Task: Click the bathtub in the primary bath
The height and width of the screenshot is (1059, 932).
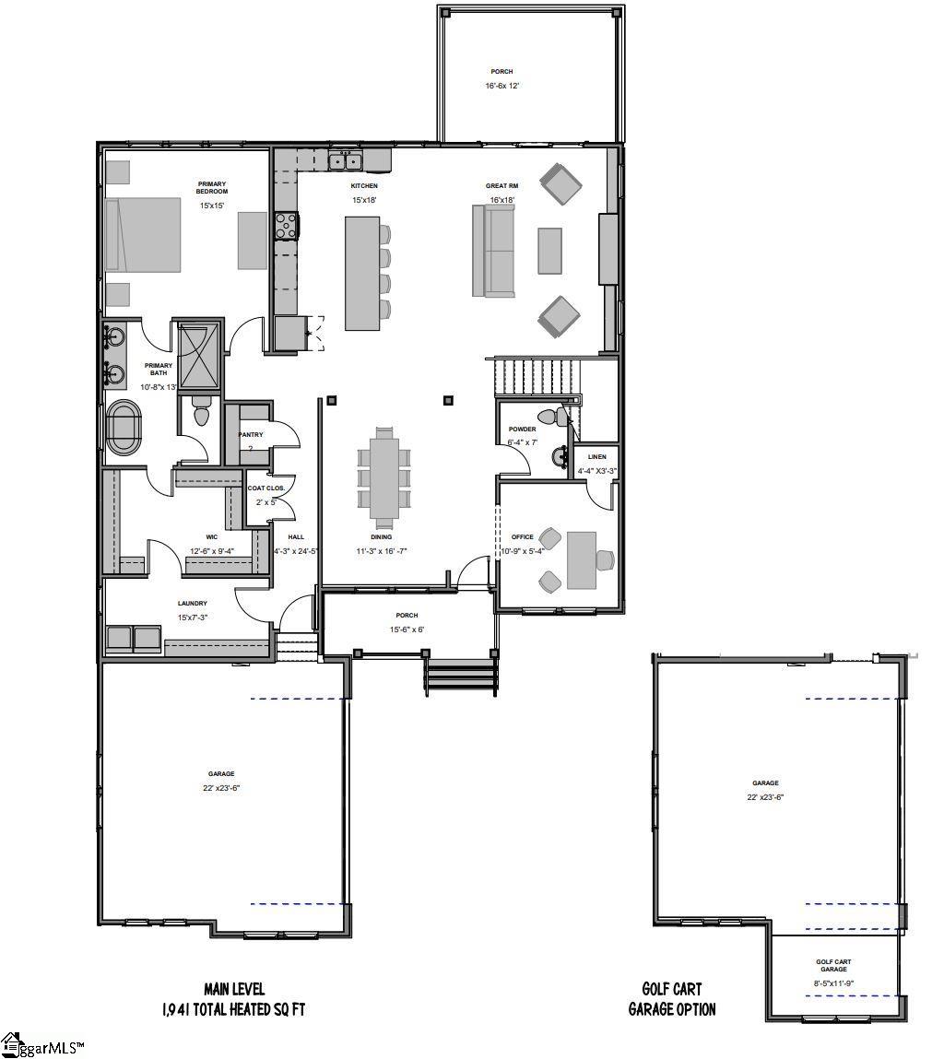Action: point(124,427)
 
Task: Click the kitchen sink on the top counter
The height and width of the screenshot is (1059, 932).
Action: point(347,162)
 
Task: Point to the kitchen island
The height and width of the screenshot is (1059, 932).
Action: point(362,273)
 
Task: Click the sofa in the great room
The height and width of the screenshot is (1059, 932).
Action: point(492,251)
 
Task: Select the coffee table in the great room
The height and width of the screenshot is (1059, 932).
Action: point(549,251)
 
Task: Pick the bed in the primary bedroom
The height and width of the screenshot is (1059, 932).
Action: point(143,235)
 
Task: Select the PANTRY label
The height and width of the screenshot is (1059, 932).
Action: point(251,434)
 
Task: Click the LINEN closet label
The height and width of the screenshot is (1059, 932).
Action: point(596,457)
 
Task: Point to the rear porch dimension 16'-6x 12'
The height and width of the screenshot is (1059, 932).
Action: point(501,86)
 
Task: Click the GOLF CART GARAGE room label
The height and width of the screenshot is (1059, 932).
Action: point(833,966)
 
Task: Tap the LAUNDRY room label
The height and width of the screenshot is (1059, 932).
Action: point(193,604)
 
